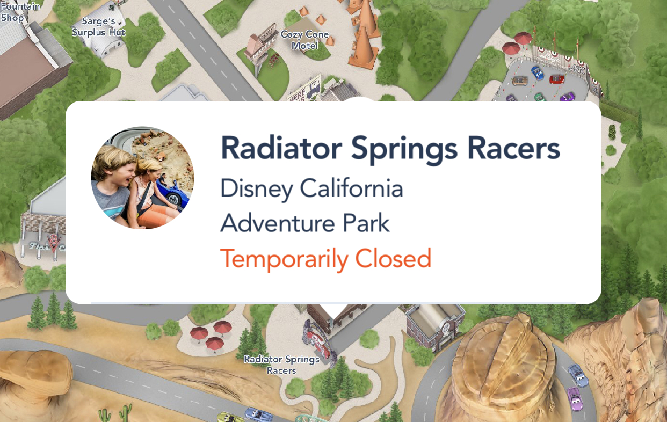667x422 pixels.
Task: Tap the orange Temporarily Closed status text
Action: [325, 259]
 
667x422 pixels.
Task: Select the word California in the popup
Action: [351, 188]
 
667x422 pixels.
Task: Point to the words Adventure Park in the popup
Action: [305, 223]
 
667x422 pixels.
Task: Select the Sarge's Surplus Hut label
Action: [99, 27]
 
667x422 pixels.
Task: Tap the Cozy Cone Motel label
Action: [305, 40]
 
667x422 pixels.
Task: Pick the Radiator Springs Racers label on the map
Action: [281, 365]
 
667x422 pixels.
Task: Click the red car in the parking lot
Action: [557, 79]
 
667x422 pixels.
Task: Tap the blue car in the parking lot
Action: [538, 73]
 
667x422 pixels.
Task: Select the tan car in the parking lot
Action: [520, 81]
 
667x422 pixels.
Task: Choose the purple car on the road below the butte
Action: [575, 399]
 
